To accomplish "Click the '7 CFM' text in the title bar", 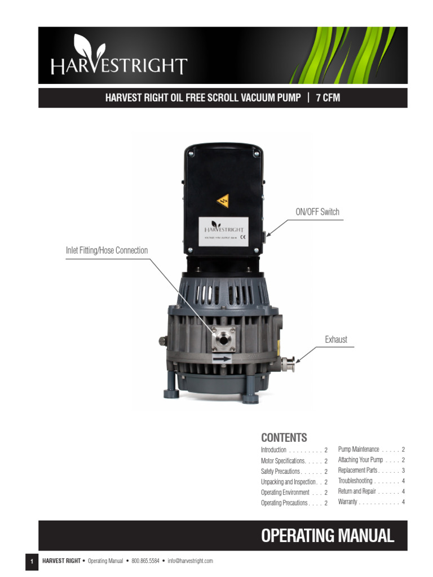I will pyautogui.click(x=328, y=97).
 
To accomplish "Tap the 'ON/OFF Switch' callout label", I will pyautogui.click(x=317, y=212).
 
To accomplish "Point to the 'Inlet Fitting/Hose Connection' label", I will pyautogui.click(x=107, y=250).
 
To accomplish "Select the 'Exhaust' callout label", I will pyautogui.click(x=336, y=339).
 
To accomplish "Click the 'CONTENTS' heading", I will pyautogui.click(x=284, y=438).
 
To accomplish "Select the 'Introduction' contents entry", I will pyautogui.click(x=274, y=450).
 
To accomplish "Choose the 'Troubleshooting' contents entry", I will pyautogui.click(x=355, y=481).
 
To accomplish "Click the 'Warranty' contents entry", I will pyautogui.click(x=348, y=501).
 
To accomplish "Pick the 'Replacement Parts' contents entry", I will pyautogui.click(x=357, y=470).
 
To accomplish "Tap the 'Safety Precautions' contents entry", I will pyautogui.click(x=280, y=471).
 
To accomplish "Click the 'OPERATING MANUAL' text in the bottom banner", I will pyautogui.click(x=328, y=535).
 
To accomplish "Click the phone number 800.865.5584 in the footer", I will pyautogui.click(x=145, y=561).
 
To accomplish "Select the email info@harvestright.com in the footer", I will pyautogui.click(x=190, y=561).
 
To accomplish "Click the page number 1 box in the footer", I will pyautogui.click(x=32, y=561).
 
